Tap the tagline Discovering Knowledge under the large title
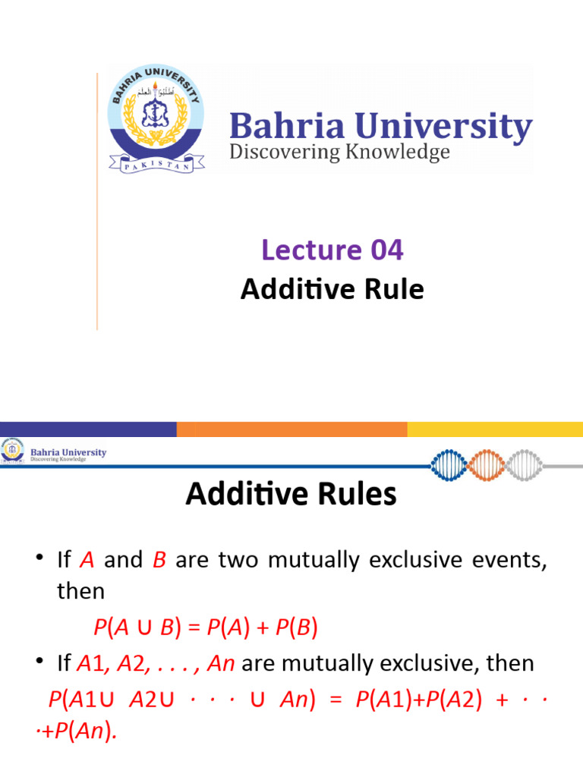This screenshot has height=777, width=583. pos(339,153)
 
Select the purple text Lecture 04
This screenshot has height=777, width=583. pos(332,250)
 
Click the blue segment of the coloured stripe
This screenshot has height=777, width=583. pos(88,429)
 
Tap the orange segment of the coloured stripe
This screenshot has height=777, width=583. pos(291,429)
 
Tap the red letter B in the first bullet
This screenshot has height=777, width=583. pos(159,560)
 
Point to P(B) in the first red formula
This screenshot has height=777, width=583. pos(295,628)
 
